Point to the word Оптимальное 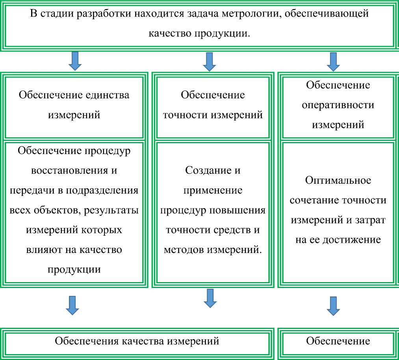(338, 180)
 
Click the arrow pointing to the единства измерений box (75, 61)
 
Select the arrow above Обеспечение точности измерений (210, 61)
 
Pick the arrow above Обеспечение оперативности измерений (334, 61)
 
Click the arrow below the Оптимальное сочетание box (333, 306)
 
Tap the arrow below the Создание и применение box (210, 298)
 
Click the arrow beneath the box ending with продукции (72, 305)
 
